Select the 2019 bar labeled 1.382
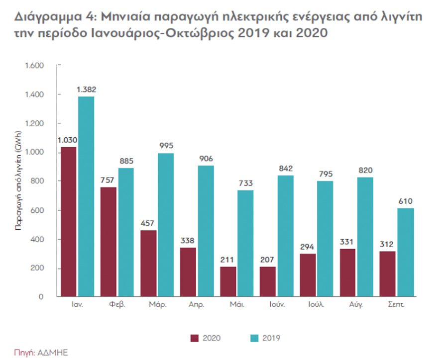pos(86,196)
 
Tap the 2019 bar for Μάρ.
pos(166,225)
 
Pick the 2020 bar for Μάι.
pos(227,282)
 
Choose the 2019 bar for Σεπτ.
pos(405,253)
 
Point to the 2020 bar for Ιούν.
pos(267,282)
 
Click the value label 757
pos(109,180)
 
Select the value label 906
pos(206,159)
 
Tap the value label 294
pos(308,247)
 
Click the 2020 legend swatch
pos(195,338)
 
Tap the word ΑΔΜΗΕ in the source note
pos(53,353)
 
